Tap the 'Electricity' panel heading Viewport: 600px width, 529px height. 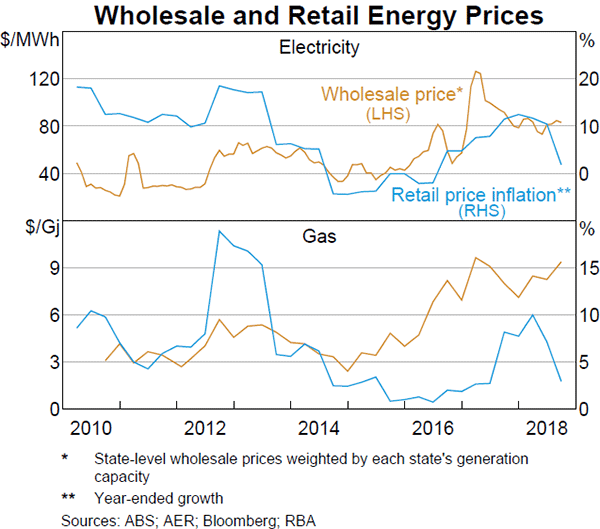319,47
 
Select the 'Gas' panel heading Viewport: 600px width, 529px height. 319,238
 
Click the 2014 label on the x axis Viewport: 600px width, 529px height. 319,429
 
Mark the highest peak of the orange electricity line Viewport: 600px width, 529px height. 476,72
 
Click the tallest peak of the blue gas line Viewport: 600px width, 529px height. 219,231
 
